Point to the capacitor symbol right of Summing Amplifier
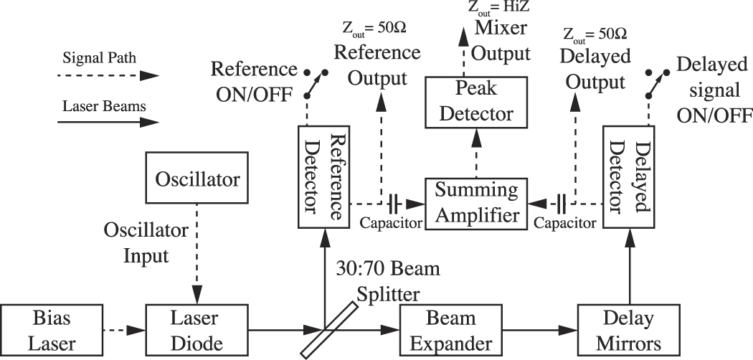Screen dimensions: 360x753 tap(561, 203)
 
